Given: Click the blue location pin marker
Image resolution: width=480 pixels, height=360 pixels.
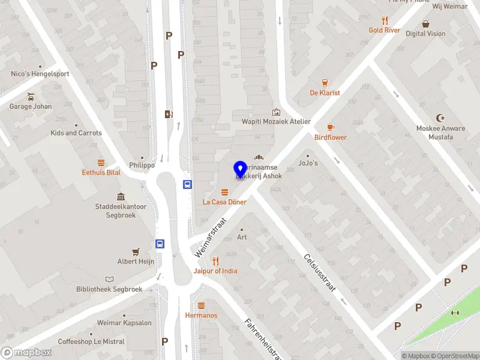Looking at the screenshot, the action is (x=240, y=170).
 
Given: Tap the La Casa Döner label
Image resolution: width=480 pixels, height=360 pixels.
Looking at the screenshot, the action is (x=224, y=202).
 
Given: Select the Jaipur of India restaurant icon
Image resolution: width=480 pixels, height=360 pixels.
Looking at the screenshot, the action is (x=215, y=261).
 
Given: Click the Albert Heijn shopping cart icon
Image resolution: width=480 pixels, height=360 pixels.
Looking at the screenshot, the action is (x=136, y=252).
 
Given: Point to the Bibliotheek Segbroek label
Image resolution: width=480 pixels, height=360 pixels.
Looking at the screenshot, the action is (x=109, y=289).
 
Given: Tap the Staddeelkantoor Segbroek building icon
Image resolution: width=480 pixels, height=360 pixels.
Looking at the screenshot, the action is (x=121, y=197).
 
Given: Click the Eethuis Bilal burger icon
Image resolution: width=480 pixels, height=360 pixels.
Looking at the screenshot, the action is (x=101, y=163).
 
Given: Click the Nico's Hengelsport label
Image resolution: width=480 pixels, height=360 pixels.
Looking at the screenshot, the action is (x=40, y=74).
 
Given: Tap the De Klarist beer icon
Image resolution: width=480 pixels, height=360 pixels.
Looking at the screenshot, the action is (x=325, y=83).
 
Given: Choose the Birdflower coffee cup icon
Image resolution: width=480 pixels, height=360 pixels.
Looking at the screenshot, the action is (x=331, y=128).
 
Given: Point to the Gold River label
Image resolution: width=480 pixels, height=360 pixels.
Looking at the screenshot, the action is (x=385, y=30).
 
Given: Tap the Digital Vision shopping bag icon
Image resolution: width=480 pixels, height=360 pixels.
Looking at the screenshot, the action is (x=425, y=24).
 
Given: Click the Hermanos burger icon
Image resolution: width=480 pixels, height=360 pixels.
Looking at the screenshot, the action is (x=202, y=306).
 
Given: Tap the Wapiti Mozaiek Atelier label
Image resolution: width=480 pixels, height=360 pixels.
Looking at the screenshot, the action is (x=276, y=121).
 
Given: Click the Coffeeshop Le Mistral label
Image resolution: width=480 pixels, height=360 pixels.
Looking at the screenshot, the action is (x=91, y=341).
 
